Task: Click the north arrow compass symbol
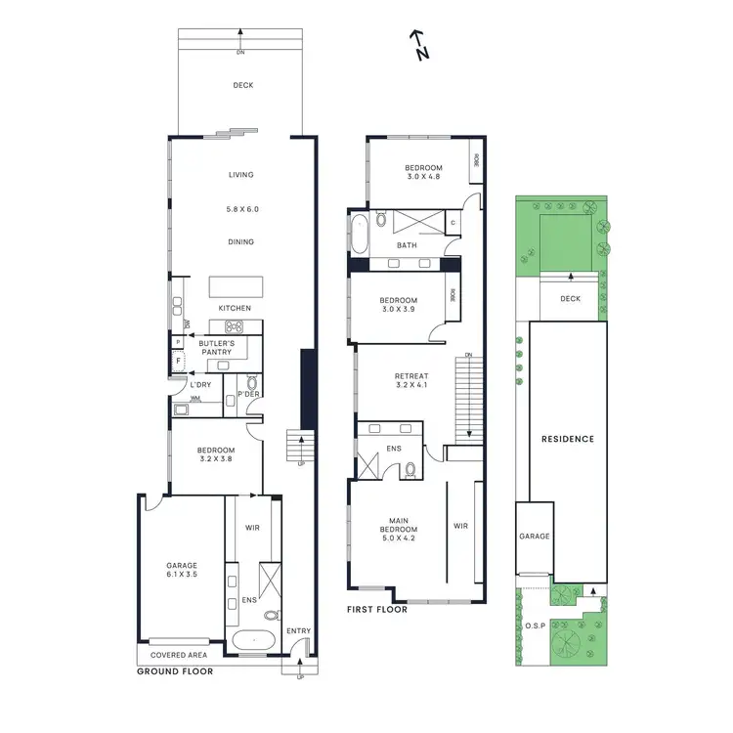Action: click(x=418, y=44)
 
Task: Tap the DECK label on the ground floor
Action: click(x=242, y=86)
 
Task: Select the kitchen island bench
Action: click(x=236, y=287)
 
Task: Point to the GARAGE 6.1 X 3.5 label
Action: click(x=181, y=571)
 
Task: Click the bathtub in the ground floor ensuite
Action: click(x=252, y=642)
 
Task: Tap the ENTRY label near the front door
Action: click(x=298, y=631)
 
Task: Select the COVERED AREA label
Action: click(x=176, y=656)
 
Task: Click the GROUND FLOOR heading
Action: click(x=174, y=671)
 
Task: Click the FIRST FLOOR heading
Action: click(x=377, y=610)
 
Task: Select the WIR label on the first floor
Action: click(x=460, y=526)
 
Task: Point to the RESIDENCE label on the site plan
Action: click(x=568, y=440)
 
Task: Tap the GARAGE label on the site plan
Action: click(x=535, y=537)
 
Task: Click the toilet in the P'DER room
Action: click(x=252, y=385)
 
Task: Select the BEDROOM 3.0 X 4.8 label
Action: click(x=423, y=173)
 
